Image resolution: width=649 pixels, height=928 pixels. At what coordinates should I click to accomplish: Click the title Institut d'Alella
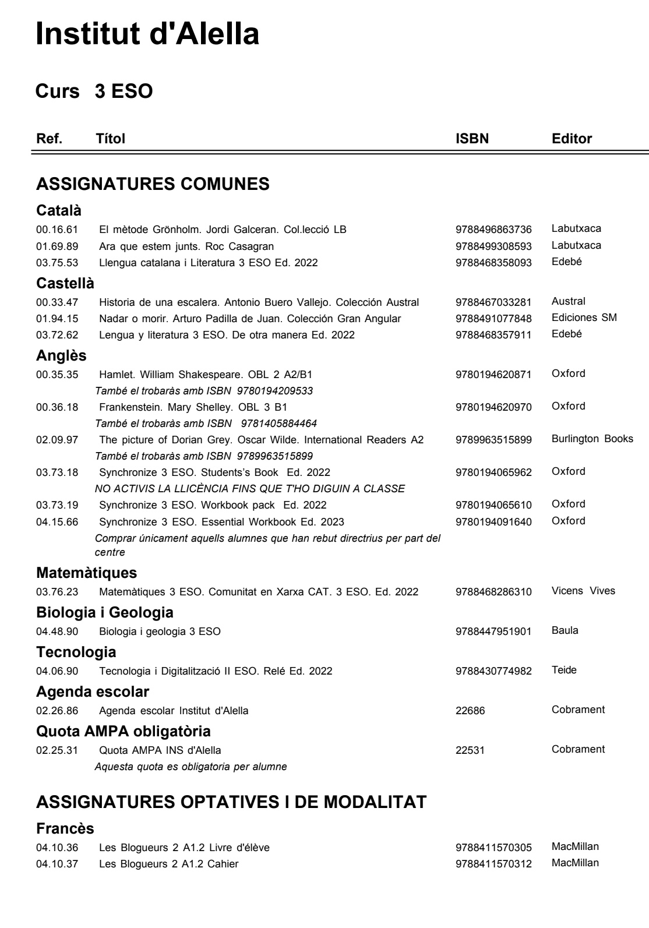coord(147,34)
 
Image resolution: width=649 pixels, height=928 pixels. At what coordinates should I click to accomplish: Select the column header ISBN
coord(472,139)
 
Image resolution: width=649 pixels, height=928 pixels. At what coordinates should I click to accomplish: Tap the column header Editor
coord(572,139)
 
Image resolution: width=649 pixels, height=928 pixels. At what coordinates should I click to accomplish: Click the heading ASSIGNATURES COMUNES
coord(153,184)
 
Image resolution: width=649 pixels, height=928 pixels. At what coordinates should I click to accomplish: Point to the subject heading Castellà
coord(65,283)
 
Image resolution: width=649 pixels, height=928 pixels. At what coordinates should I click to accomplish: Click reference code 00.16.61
coord(57,230)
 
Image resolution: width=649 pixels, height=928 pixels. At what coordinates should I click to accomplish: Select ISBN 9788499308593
coord(493,246)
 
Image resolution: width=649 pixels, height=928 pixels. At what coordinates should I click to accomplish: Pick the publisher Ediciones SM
coord(584,318)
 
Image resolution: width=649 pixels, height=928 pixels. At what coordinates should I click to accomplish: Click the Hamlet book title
coord(210,375)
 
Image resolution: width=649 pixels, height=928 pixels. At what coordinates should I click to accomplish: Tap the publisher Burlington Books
coord(592,439)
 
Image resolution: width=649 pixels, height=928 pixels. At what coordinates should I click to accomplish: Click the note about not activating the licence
coord(250,488)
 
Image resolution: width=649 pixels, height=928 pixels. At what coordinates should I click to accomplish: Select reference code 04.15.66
coord(57,521)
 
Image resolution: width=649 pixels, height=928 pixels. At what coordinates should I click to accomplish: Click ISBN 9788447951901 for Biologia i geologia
coord(493,631)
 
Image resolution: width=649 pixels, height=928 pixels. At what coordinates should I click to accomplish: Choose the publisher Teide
coord(564,671)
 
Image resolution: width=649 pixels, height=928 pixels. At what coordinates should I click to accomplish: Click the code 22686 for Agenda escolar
coord(470,711)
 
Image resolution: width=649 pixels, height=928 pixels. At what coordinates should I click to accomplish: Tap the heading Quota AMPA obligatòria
coord(124,731)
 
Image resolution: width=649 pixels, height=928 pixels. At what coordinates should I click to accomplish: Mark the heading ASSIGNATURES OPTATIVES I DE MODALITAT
coord(231,802)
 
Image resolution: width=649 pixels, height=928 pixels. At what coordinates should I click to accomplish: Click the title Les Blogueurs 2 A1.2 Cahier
coord(169,864)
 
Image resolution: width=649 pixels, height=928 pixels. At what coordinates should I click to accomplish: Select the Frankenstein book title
coord(193,407)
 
